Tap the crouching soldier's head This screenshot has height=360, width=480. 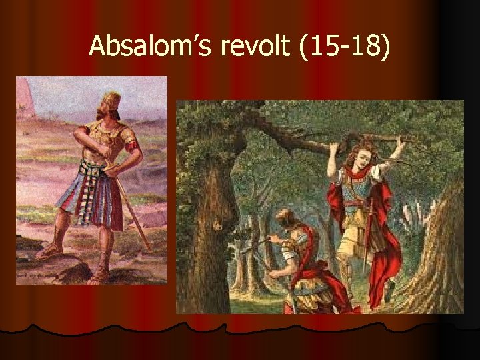click(286, 219)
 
